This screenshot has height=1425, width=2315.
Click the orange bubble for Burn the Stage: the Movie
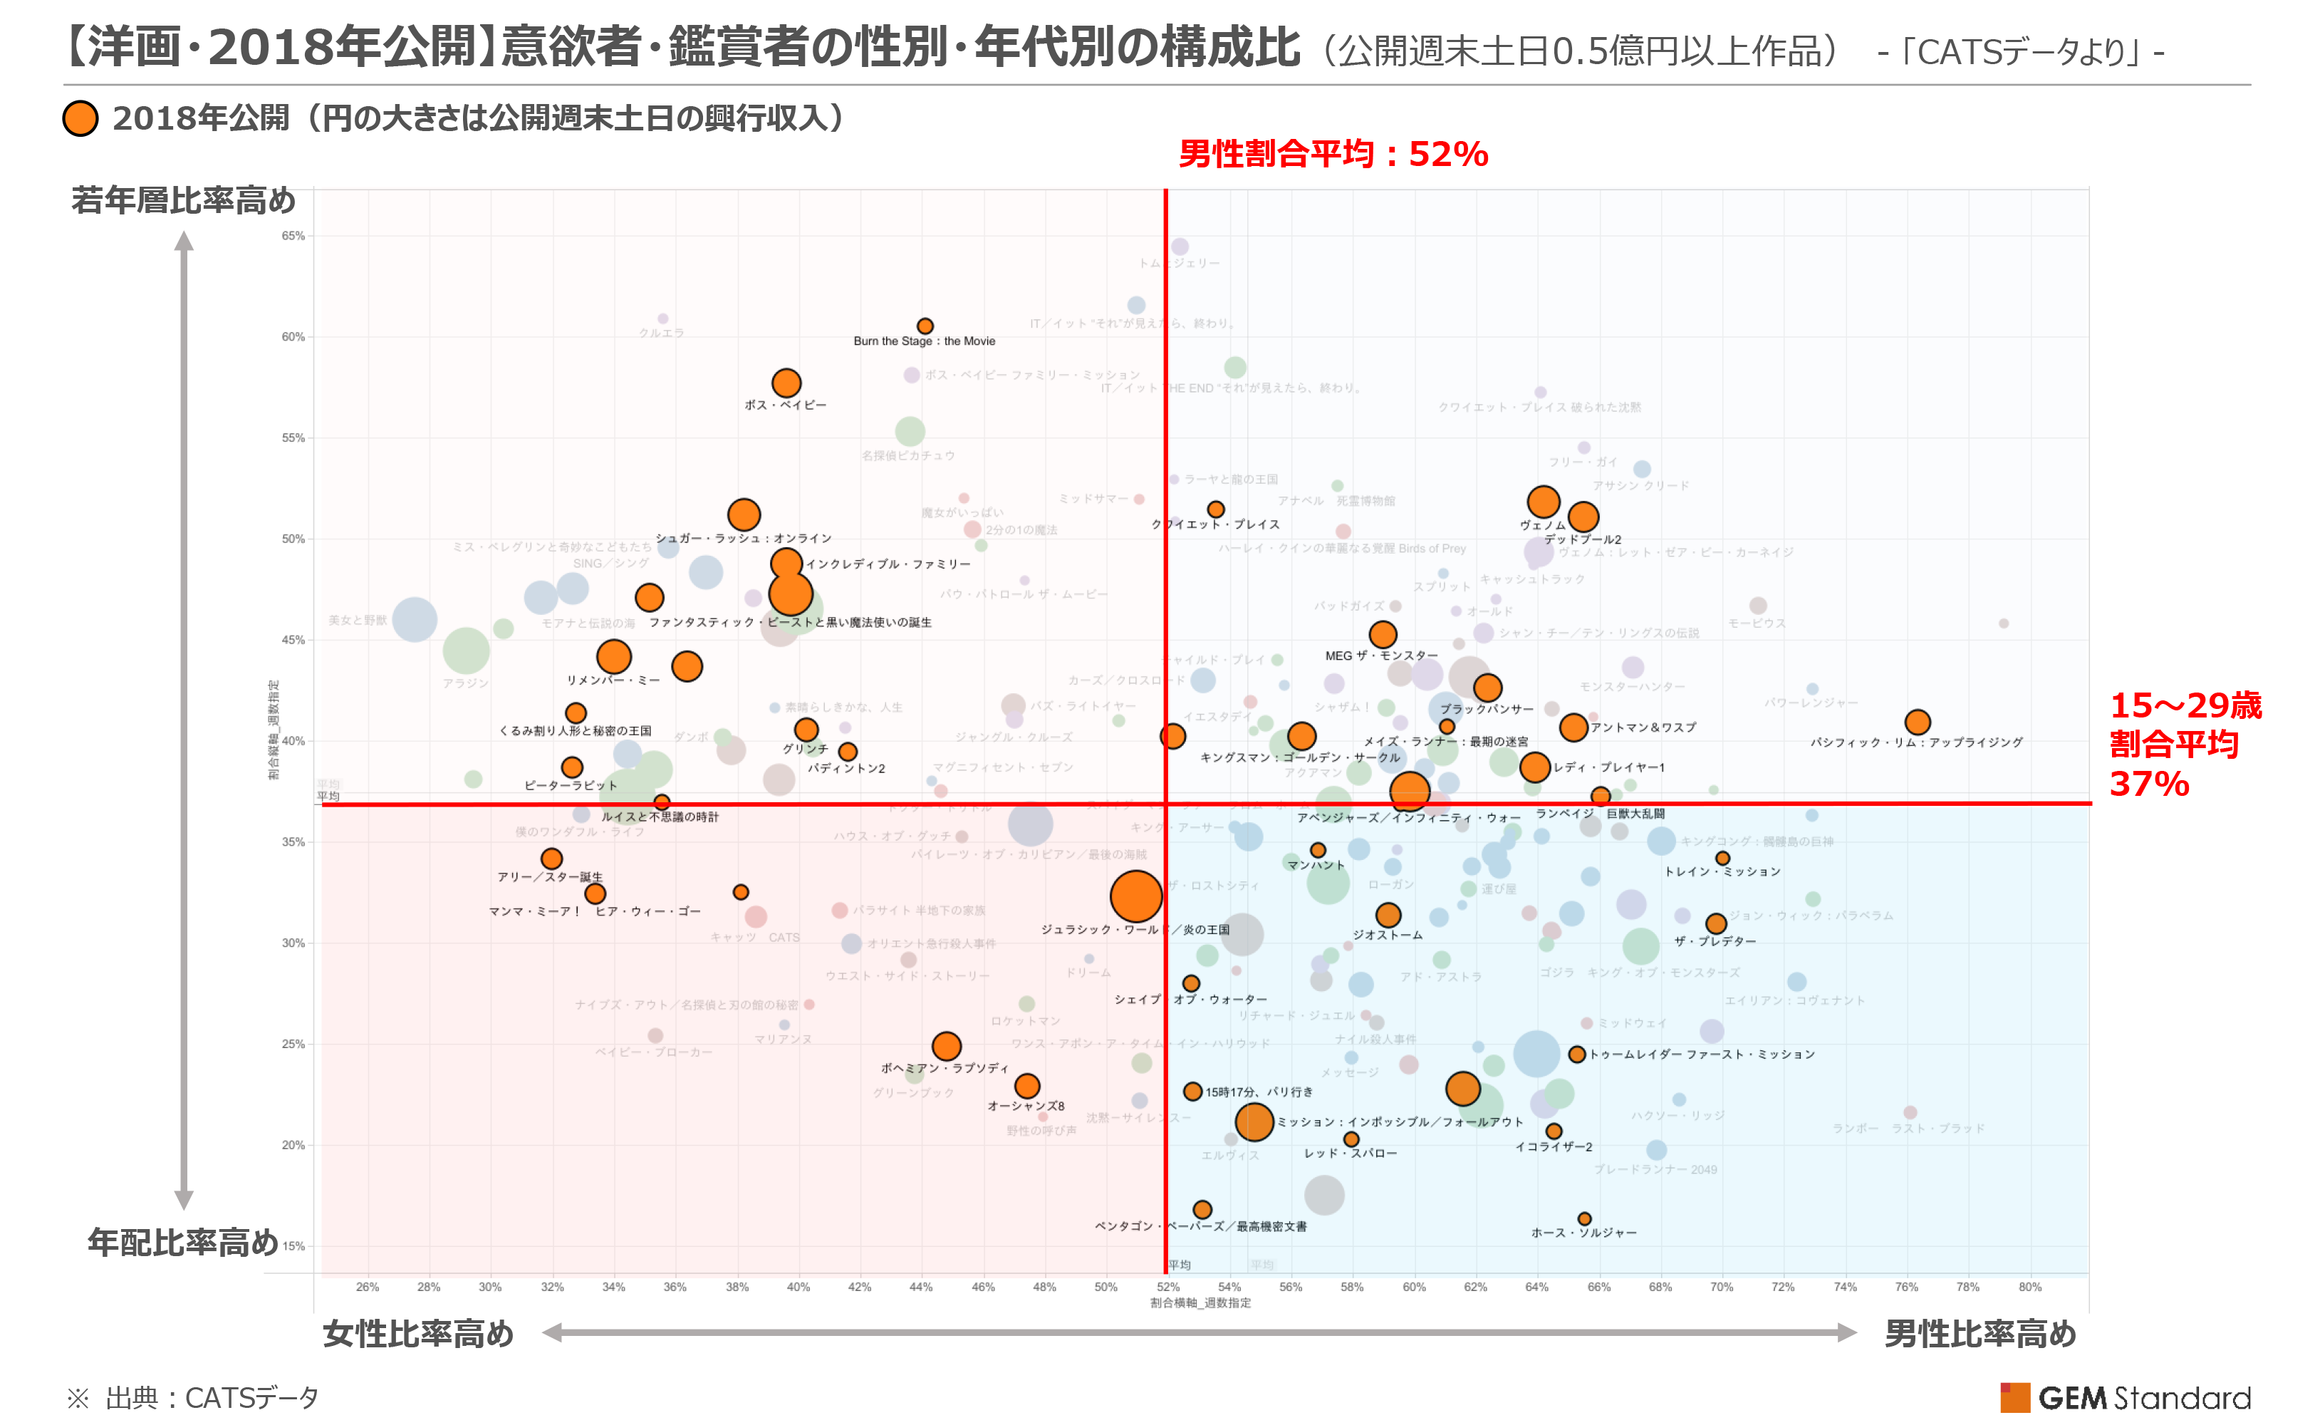click(925, 326)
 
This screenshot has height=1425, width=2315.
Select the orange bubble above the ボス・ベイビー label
click(786, 383)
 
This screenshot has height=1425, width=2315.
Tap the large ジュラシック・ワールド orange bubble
click(1135, 896)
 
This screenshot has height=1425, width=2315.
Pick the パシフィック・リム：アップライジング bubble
click(1916, 722)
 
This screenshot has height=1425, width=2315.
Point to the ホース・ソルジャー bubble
click(1584, 1218)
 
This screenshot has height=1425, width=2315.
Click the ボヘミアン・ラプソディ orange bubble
click(946, 1046)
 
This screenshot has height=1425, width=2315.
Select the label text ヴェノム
click(1541, 525)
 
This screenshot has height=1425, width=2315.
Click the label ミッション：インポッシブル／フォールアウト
click(1399, 1121)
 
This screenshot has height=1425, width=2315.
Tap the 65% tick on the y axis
click(293, 236)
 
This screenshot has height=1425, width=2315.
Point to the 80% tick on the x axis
click(2029, 1287)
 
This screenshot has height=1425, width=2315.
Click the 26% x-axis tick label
click(368, 1287)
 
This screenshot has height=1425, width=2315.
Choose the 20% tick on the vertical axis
click(293, 1145)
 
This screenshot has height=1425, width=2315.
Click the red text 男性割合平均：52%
click(1333, 154)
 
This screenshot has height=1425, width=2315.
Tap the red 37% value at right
click(2148, 783)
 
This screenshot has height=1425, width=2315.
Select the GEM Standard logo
click(2125, 1396)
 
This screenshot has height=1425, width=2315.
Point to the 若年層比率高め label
click(183, 199)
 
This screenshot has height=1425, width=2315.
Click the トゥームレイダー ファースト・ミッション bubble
click(1576, 1054)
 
